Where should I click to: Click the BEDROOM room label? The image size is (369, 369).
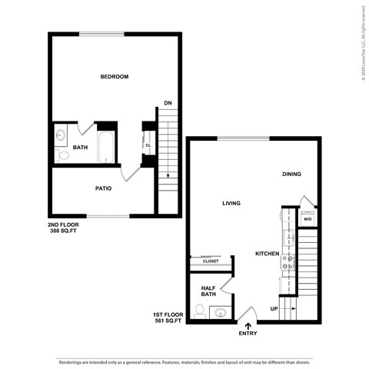(114, 77)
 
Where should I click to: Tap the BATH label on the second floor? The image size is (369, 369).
(80, 147)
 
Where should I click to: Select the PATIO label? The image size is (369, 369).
(104, 188)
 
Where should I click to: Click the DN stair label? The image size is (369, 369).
(168, 103)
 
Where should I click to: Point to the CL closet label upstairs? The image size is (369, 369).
(148, 145)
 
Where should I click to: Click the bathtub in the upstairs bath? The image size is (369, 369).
(107, 148)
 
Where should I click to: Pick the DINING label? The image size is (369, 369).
(291, 175)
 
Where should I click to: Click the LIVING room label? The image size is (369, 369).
(231, 204)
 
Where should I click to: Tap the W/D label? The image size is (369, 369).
(307, 219)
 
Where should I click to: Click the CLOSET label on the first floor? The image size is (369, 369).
(211, 261)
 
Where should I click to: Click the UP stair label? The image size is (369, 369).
(274, 309)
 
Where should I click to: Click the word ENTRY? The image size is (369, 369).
(248, 334)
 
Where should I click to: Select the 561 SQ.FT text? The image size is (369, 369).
(169, 321)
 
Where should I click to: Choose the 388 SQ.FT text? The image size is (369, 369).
(65, 231)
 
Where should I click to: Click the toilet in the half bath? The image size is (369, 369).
(200, 311)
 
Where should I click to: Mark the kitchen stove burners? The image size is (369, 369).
(288, 264)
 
